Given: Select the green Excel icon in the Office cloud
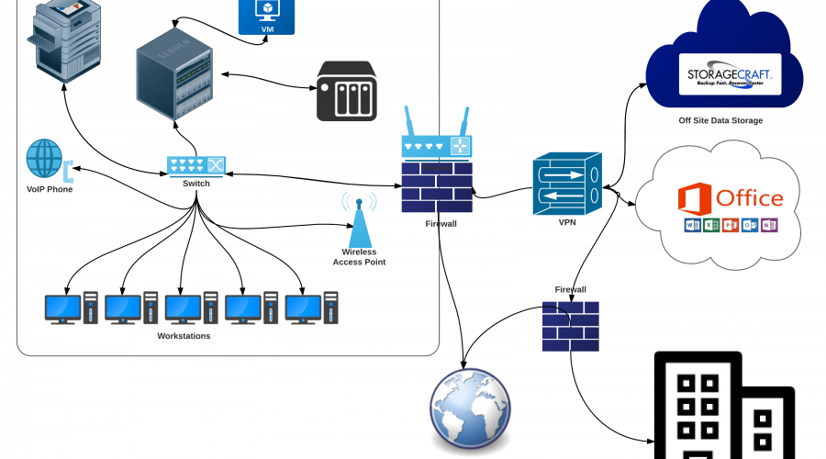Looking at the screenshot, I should click(709, 226).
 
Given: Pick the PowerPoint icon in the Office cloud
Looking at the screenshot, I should click(730, 226).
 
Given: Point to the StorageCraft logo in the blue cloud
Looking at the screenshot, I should click(730, 73).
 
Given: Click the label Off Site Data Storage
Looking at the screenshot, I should click(720, 120).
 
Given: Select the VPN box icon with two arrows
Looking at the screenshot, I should click(566, 183).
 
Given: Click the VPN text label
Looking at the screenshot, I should click(566, 222).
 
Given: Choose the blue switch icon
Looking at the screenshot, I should click(195, 166).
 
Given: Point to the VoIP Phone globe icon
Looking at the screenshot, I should click(43, 158).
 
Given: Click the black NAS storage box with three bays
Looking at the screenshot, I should click(347, 92).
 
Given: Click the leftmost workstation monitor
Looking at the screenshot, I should click(62, 308).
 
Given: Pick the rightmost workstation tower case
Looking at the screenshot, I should click(330, 308).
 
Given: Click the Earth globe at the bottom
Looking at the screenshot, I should click(470, 408).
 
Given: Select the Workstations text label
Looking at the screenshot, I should click(184, 336).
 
